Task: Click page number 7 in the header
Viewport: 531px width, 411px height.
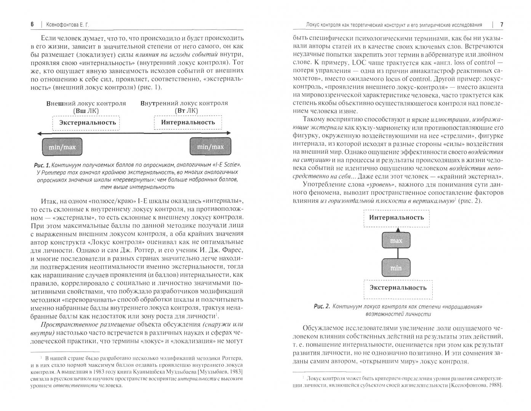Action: pyautogui.click(x=502, y=25)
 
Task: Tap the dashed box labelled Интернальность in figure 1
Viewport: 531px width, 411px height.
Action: pyautogui.click(x=188, y=122)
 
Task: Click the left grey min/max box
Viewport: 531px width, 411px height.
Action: pyautogui.click(x=62, y=147)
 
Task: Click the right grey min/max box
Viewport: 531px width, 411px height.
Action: pyautogui.click(x=210, y=147)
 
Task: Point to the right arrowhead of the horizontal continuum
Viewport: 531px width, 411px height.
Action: pyautogui.click(x=229, y=133)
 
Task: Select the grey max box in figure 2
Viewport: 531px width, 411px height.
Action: pyautogui.click(x=396, y=241)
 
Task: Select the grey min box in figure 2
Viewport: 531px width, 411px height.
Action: pyautogui.click(x=396, y=268)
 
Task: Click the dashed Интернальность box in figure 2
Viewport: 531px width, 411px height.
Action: pyautogui.click(x=397, y=218)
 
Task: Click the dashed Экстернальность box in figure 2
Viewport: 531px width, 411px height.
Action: pyautogui.click(x=397, y=288)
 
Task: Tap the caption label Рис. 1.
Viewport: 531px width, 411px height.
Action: pyautogui.click(x=42, y=165)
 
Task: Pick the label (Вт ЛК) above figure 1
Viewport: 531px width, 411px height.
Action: pyautogui.click(x=186, y=111)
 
